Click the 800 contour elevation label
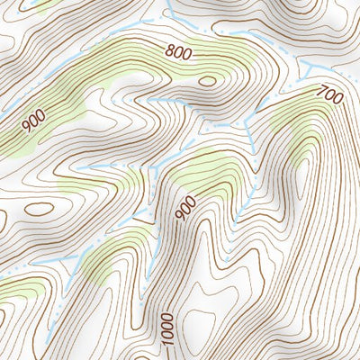point(179,53)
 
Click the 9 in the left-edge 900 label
point(28,129)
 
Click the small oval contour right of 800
point(207,81)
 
